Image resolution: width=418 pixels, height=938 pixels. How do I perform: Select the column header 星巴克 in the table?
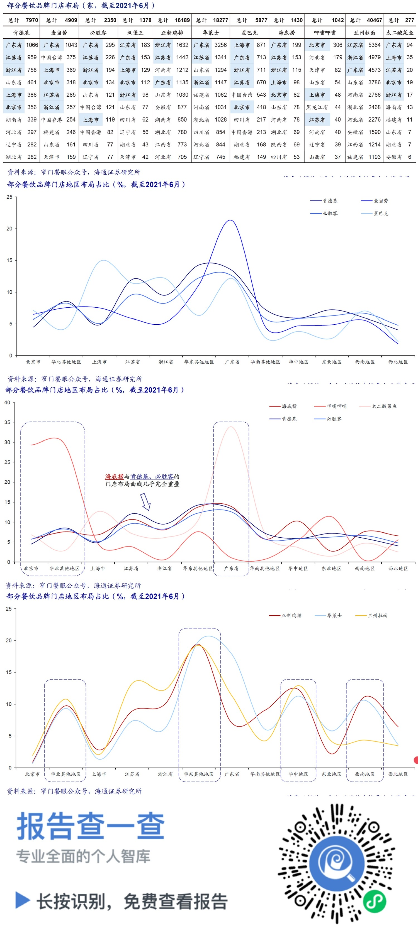tap(249, 33)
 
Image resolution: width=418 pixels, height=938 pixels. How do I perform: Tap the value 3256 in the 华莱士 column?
tap(220, 45)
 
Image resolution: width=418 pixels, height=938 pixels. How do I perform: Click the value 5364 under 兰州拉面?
tap(374, 45)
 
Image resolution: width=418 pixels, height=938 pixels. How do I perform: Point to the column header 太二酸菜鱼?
tap(400, 33)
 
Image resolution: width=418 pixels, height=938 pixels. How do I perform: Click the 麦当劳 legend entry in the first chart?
tap(380, 201)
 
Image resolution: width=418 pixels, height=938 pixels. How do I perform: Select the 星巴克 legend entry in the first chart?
tap(380, 213)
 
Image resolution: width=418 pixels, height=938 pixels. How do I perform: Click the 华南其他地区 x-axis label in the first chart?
tap(265, 362)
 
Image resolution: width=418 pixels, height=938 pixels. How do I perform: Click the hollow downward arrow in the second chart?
tap(145, 501)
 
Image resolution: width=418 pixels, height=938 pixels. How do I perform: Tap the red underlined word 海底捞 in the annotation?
tap(114, 476)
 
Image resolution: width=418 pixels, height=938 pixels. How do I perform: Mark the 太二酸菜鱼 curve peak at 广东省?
tap(231, 427)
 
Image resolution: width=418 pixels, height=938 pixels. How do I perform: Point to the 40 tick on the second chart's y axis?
tap(7, 402)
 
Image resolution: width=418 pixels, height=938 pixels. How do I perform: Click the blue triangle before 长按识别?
tap(23, 900)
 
